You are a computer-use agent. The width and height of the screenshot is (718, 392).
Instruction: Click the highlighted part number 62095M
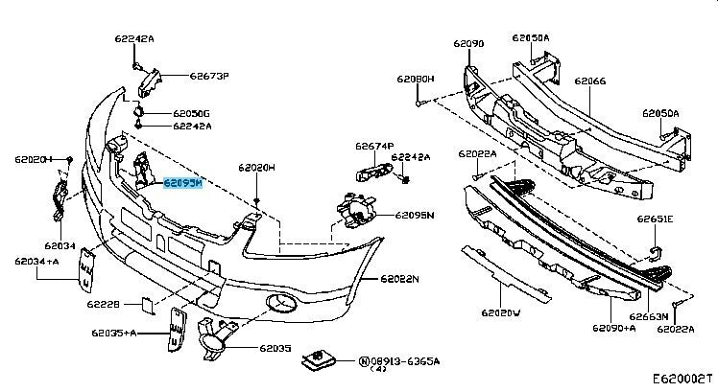point(183,180)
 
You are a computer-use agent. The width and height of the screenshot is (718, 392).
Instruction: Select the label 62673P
point(208,75)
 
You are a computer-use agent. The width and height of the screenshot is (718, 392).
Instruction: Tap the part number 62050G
point(192,113)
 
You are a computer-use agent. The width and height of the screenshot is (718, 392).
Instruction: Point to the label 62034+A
point(36,260)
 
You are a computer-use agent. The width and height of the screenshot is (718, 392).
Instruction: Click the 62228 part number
point(103,305)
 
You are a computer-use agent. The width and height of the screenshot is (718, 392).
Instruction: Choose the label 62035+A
point(114,333)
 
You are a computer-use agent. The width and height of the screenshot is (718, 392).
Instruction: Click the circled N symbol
point(364,361)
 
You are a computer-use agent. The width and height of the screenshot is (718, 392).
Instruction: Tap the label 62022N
point(400,279)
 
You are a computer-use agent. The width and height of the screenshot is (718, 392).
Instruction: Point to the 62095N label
point(415,215)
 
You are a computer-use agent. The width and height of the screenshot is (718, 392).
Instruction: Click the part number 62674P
point(374,147)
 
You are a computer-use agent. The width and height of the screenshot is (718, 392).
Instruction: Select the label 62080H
point(417,79)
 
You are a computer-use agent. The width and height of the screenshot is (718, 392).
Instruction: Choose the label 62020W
point(501,312)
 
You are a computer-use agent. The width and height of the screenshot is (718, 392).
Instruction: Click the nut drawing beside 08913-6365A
point(316,358)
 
